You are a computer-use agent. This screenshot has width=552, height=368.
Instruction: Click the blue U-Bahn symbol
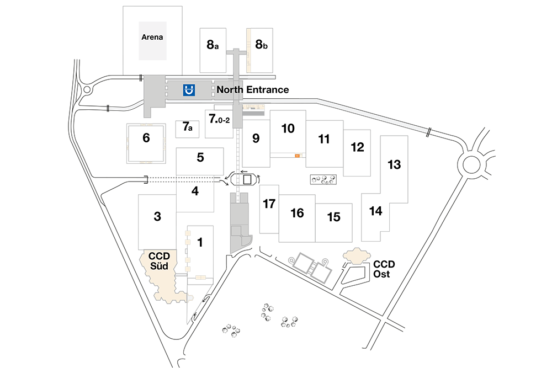pos(189,90)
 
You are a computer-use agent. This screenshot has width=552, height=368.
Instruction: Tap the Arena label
pos(152,37)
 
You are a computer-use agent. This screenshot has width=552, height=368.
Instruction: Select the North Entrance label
pos(253,90)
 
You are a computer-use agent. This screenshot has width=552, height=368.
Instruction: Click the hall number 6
pos(146,137)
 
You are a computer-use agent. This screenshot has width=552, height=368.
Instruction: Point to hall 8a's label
pos(213,45)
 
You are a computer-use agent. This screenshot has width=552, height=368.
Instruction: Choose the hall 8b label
pos(261,44)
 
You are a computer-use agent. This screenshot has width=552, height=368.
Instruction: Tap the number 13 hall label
pos(394,164)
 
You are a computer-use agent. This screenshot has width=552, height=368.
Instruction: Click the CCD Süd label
pos(159,261)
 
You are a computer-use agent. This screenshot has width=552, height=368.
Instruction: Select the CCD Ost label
pos(384,269)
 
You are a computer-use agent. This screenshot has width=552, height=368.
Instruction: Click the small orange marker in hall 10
pos(298,156)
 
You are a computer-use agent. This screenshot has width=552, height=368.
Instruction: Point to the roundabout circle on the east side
pos(471,164)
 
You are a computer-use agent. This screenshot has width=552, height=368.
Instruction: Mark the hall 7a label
pos(188,126)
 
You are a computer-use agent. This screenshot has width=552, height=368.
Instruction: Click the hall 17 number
pos(269,204)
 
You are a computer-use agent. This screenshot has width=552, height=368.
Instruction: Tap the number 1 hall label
pos(200,242)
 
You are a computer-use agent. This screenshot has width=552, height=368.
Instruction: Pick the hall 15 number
pos(333,217)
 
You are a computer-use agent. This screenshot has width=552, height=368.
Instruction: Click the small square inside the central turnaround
pos(247,179)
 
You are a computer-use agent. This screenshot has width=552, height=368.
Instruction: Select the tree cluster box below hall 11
pos(323,179)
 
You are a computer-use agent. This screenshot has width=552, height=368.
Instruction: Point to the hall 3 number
pos(157,216)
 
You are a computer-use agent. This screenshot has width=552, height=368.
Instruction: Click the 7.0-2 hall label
pos(219,119)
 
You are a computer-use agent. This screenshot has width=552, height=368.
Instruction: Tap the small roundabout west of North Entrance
pos(87,90)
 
